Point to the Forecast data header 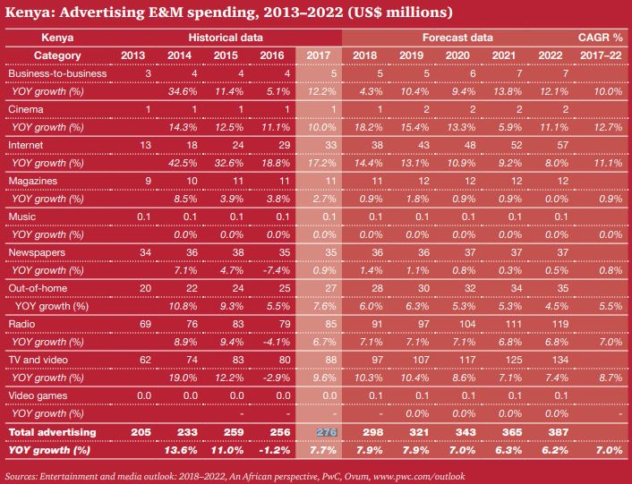[457, 39]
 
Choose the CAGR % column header [599, 39]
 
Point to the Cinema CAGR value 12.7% [605, 126]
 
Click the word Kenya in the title [30, 13]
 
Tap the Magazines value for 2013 [140, 181]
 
